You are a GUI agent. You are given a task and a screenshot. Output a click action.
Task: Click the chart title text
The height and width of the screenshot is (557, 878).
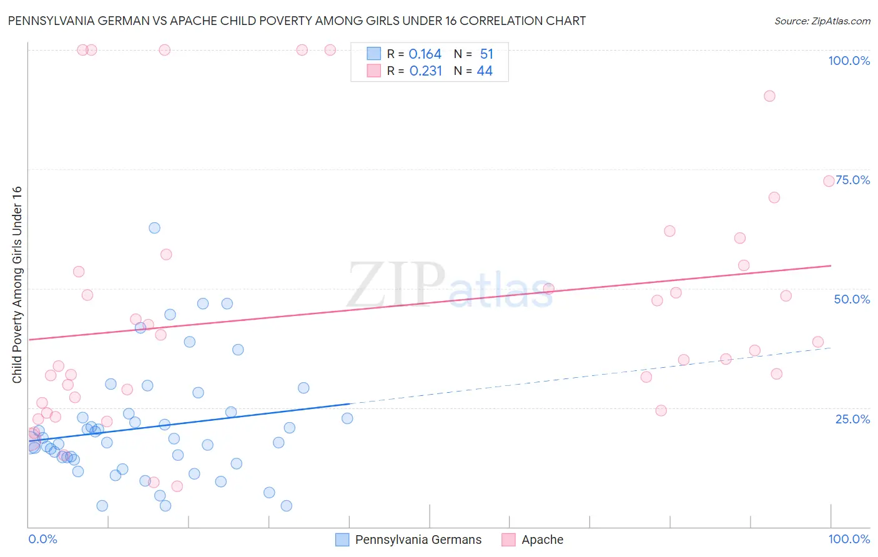[x=297, y=21]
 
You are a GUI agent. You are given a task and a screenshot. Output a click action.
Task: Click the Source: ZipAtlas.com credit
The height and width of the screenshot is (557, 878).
[x=822, y=21]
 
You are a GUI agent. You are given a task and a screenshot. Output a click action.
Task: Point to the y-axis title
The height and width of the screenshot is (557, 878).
[x=17, y=285]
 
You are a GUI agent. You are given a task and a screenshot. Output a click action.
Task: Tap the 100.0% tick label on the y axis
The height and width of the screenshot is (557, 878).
[x=849, y=61]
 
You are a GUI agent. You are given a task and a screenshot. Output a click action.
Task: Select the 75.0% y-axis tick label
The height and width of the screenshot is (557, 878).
[x=853, y=180]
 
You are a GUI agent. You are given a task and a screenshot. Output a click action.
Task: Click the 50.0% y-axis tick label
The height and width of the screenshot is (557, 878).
[x=852, y=299]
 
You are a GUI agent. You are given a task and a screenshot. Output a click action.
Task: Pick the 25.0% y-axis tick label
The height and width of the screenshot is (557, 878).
[x=852, y=418]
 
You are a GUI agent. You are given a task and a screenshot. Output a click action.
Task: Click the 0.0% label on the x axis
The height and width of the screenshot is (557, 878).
[x=42, y=539]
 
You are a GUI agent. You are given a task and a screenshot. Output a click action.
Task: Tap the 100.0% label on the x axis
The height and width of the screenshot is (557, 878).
[x=849, y=539]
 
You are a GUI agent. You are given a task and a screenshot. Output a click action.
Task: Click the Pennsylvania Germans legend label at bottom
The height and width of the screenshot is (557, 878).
[x=418, y=540]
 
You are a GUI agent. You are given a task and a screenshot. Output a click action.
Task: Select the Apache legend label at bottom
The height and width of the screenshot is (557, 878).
[x=542, y=540]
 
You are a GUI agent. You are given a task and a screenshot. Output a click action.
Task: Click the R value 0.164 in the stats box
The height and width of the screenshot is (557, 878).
[x=425, y=54]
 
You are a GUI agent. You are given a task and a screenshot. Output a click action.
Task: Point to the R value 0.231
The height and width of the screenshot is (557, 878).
[x=425, y=71]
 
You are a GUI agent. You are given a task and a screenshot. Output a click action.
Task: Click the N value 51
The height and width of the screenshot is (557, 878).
[x=486, y=54]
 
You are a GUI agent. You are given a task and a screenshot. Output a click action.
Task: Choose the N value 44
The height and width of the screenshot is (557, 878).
[x=485, y=71]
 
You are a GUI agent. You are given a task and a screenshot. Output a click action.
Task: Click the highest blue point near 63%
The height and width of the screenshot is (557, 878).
[x=154, y=228]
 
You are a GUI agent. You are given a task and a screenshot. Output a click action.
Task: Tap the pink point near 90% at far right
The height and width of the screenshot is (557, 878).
[x=769, y=96]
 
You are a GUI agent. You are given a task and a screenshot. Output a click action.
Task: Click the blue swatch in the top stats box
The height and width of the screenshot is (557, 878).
[x=373, y=54]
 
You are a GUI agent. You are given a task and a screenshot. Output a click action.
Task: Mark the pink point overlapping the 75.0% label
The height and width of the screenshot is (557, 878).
[x=829, y=181]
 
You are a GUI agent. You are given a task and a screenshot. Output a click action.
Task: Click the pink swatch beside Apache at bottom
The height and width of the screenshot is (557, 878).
[x=508, y=540]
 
